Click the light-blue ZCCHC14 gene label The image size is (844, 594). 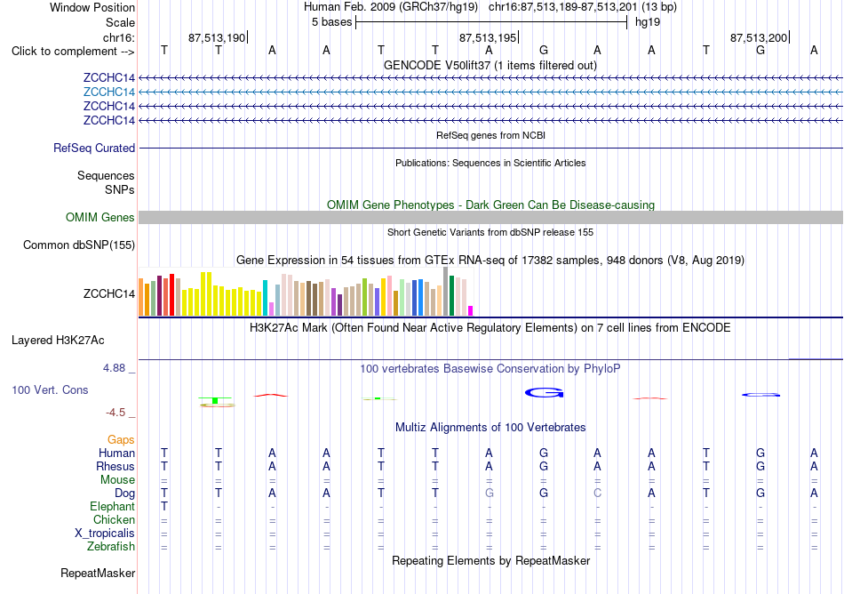108,92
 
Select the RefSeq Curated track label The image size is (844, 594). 94,148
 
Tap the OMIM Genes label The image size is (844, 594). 100,218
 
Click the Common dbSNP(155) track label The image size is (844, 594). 79,245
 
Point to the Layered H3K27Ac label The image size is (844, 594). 58,341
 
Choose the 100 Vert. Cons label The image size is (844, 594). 50,389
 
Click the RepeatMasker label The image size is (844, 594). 98,573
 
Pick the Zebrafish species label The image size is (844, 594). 111,547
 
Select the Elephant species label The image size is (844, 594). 113,507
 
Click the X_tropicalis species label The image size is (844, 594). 105,534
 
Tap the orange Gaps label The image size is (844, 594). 121,440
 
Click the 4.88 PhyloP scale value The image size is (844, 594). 114,368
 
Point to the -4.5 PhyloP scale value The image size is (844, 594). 115,413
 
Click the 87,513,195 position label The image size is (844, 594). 487,37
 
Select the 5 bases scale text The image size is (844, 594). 331,22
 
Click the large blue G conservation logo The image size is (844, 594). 545,392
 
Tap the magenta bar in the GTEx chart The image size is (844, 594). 471,310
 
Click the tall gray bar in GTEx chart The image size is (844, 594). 446,292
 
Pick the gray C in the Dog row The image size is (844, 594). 598,494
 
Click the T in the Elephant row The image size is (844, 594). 164,507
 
